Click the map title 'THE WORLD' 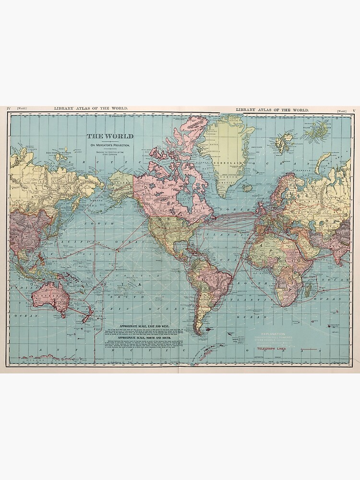[109, 136]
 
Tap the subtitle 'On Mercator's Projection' [109, 145]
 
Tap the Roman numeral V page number [354, 110]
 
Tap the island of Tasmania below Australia [62, 314]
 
